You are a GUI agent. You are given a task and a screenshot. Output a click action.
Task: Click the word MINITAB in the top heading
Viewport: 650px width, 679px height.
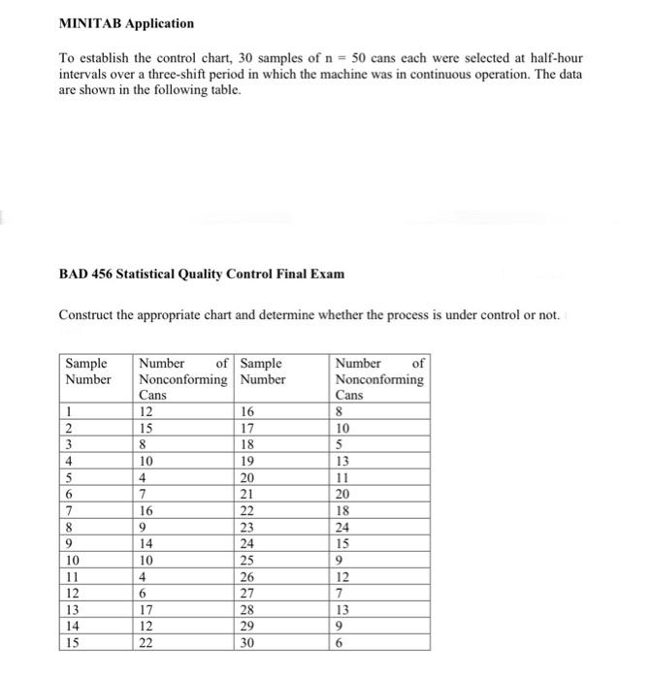pos(90,22)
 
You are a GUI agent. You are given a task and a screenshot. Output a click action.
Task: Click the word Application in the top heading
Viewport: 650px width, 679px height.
pos(159,22)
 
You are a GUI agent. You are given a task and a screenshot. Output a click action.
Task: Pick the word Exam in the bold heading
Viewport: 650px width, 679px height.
pos(325,274)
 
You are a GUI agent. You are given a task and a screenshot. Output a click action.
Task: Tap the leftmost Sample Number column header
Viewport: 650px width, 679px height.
pos(87,371)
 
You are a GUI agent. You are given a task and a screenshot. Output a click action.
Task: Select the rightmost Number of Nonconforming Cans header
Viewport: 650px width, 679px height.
pos(379,379)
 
